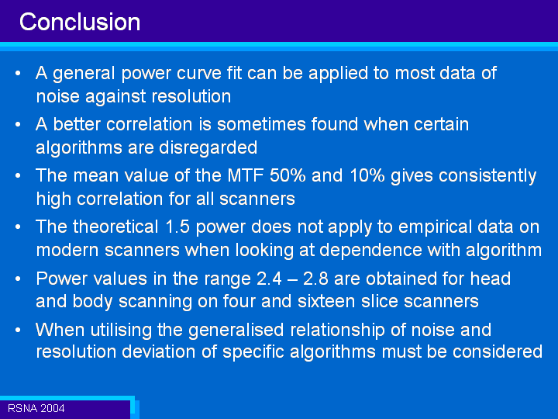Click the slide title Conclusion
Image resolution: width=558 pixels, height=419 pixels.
tap(80, 22)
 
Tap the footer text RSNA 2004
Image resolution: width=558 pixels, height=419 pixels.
tap(36, 408)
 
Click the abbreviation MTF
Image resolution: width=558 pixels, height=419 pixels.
tap(246, 175)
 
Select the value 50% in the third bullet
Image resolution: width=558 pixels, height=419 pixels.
tap(288, 175)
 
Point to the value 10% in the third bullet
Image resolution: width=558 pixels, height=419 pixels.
tap(367, 175)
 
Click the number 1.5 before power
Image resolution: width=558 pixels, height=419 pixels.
tap(177, 227)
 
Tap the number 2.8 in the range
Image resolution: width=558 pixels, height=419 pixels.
tap(315, 279)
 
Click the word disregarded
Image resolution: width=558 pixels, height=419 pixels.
tap(208, 148)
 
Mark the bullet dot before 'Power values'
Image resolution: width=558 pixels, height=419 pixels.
tap(18, 279)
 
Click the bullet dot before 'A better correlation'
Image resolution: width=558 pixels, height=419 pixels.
tap(18, 125)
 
